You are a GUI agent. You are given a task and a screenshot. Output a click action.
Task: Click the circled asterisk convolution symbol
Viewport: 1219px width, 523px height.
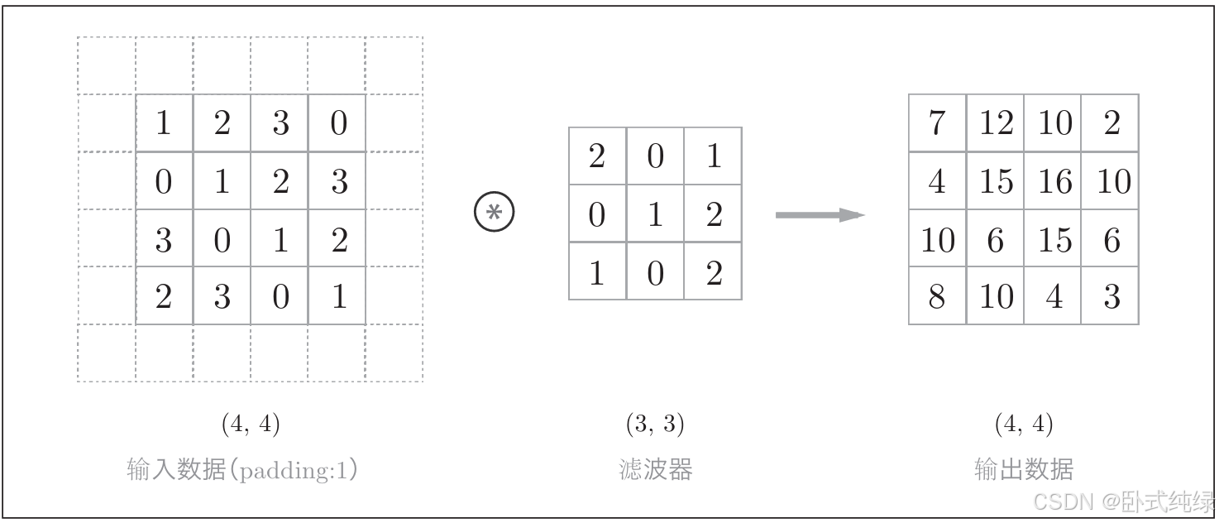pos(494,214)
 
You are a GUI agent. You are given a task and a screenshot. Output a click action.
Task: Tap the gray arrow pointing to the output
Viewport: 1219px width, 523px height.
pos(820,215)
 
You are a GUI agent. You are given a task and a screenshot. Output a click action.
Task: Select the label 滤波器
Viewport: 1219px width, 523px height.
pos(655,470)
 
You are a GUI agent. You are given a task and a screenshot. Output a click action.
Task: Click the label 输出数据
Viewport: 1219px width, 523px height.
pos(1024,469)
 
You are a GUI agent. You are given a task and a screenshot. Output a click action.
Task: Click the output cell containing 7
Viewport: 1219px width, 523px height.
pos(937,123)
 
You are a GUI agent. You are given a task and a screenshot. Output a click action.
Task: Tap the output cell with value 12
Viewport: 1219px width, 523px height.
pos(996,123)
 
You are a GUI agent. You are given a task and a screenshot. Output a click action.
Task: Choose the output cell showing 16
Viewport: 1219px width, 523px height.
pos(1054,181)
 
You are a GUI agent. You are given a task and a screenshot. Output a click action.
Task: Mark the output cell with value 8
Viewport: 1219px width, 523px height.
pos(937,295)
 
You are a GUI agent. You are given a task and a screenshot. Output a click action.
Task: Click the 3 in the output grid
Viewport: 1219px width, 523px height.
pos(1111,295)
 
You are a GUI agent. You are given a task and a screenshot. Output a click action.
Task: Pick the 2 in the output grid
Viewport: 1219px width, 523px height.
pos(1111,123)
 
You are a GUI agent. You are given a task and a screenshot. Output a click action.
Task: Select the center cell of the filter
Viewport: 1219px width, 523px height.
pos(655,214)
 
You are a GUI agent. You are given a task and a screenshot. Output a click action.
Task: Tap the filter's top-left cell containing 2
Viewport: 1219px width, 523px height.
pos(597,156)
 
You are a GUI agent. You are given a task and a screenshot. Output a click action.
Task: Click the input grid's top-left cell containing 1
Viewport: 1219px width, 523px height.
pos(164,123)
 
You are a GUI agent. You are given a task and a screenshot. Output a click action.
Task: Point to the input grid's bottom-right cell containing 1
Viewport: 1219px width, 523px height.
pos(337,295)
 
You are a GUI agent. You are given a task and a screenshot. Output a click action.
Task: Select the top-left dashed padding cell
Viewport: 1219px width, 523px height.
pos(107,65)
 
